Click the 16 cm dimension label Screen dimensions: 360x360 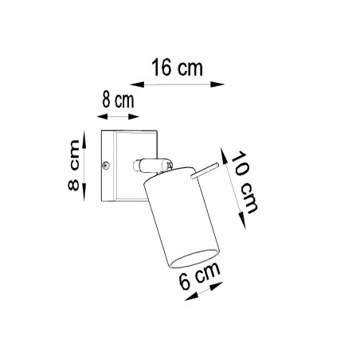tap(177, 68)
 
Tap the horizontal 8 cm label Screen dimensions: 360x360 tap(118, 100)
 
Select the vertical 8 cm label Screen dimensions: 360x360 tap(73, 165)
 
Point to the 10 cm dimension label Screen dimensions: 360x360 tap(244, 182)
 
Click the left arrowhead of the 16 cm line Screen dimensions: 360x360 tap(137, 84)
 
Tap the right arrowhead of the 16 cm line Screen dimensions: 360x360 tap(217, 84)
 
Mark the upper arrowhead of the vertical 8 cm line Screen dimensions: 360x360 tap(84, 139)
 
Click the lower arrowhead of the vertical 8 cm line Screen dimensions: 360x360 tap(84, 192)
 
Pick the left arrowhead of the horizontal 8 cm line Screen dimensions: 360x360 tap(103, 116)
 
